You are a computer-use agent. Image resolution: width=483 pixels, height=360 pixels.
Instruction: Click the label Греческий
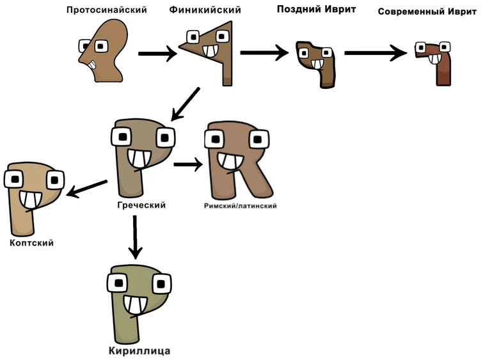coord(141,205)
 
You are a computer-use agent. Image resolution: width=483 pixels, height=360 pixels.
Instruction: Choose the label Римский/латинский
coord(240,206)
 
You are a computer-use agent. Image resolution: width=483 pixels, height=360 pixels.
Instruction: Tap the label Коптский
coord(31,243)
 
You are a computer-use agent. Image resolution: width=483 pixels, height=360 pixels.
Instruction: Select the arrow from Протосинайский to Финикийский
coord(157,54)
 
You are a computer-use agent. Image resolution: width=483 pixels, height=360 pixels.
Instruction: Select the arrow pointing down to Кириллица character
coord(134,237)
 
